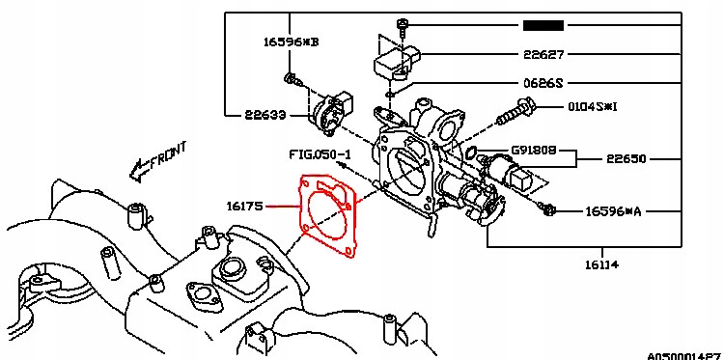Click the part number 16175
(246, 206)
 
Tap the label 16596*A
(617, 209)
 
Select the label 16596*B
(292, 42)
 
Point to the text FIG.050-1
(320, 154)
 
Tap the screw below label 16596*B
(289, 76)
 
